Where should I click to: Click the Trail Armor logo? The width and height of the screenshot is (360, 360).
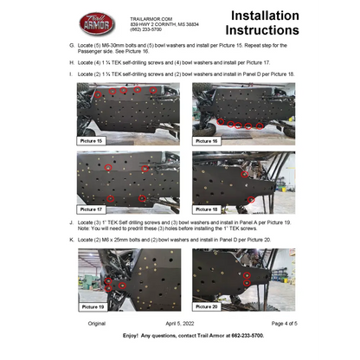click(97, 24)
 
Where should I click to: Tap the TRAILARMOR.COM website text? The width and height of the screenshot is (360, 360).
click(151, 17)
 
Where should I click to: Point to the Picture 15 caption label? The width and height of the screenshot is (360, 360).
click(91, 140)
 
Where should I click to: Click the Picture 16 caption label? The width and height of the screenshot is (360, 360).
click(209, 140)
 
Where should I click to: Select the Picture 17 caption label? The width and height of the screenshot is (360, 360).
click(91, 209)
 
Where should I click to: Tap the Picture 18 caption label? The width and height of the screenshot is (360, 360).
click(209, 209)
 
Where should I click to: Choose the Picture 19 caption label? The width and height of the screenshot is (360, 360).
click(91, 306)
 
